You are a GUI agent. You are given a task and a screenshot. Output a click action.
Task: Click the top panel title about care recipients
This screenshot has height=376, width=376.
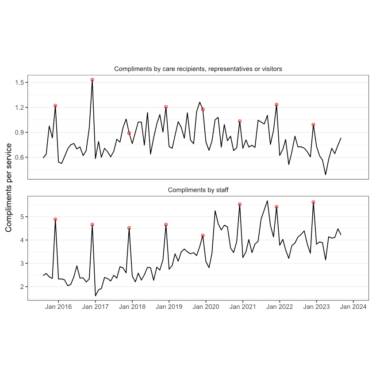point(198,69)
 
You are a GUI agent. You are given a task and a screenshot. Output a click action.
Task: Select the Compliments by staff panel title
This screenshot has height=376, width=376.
point(198,190)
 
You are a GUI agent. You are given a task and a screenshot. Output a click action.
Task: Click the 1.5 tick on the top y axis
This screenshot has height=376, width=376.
point(19,83)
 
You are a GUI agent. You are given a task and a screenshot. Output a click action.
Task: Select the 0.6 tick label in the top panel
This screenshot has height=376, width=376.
point(19,157)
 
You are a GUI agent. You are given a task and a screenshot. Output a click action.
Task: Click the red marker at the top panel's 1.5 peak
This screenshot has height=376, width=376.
point(92,80)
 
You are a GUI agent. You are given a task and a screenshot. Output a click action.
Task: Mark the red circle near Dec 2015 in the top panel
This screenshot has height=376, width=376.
point(55,106)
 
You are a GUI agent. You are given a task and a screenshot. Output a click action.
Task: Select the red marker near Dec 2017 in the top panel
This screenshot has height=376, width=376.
point(129,133)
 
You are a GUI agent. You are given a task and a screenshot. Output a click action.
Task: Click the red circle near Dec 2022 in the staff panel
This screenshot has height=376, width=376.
point(313,202)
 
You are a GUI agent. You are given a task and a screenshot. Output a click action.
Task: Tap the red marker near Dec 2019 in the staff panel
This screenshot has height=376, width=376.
point(203,236)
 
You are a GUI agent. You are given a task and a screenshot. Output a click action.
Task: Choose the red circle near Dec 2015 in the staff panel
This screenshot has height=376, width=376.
point(55,219)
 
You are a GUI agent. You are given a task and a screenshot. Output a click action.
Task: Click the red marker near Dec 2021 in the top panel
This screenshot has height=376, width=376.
point(276,105)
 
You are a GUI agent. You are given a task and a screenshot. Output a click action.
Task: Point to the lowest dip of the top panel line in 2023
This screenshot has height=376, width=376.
point(326,175)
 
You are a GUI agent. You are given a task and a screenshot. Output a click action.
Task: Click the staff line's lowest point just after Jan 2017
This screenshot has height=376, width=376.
point(96,295)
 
